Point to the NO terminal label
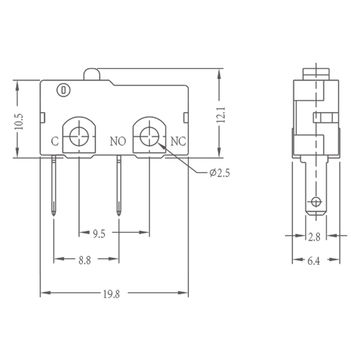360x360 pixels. pos(117,142)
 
